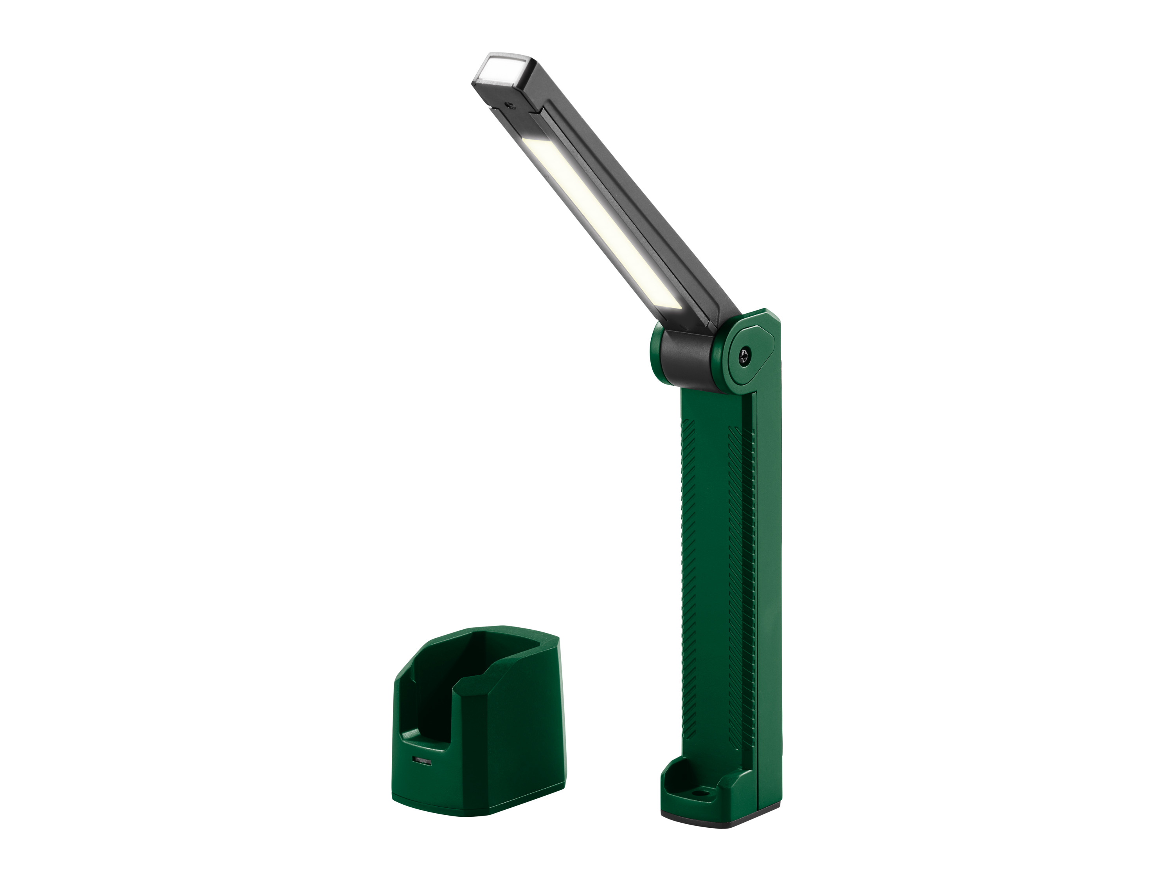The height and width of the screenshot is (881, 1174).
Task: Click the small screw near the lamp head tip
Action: [x=511, y=105]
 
